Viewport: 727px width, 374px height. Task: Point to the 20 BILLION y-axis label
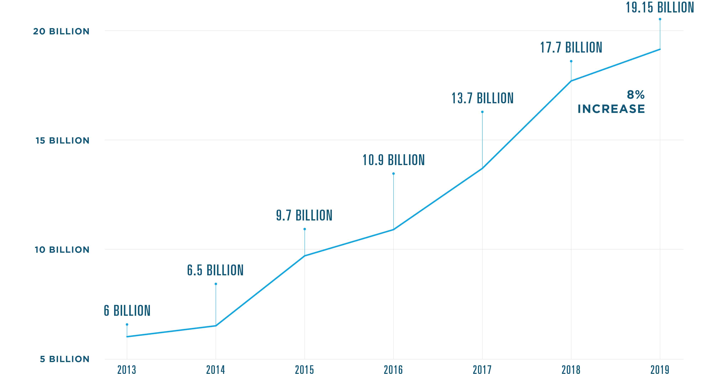point(61,31)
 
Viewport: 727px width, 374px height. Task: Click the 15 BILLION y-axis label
point(62,141)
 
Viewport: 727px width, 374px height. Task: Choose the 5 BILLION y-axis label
point(65,359)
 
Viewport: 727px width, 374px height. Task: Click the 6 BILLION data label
point(127,310)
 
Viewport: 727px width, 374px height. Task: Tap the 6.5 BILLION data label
point(215,270)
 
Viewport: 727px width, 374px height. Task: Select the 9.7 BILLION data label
point(304,215)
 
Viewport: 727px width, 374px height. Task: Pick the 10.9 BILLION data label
point(393,160)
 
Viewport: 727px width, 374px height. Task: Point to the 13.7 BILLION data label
point(482,98)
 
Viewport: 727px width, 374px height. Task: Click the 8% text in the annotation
point(636,95)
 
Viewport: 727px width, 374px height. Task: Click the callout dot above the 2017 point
point(482,112)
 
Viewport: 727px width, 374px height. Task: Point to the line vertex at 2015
point(305,256)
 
